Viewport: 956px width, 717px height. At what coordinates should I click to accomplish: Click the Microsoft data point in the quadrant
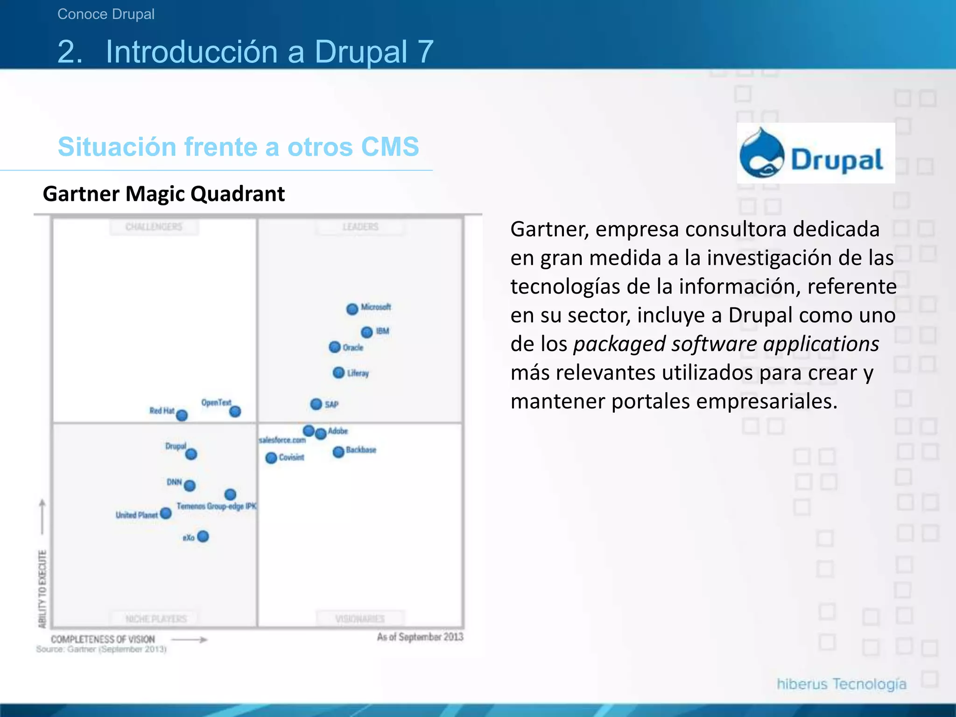[352, 309]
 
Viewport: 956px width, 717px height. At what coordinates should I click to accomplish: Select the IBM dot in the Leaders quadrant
[367, 332]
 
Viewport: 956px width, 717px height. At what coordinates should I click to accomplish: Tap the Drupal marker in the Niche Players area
[191, 454]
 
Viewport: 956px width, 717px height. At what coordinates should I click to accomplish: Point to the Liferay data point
[338, 373]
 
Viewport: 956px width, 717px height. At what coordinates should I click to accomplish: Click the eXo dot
[203, 536]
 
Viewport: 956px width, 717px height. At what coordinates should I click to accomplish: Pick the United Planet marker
[166, 513]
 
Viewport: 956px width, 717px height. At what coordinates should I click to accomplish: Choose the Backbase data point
[338, 452]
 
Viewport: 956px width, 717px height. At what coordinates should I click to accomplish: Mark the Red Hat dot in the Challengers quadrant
[182, 415]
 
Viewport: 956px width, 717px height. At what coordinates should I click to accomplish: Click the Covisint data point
[271, 458]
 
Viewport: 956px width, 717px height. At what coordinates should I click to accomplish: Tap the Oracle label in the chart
[353, 348]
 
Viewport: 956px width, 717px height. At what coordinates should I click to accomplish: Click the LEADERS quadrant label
[360, 227]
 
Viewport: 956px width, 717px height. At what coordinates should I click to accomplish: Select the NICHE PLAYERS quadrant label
[155, 619]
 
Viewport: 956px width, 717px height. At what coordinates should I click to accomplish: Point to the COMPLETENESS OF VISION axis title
[103, 639]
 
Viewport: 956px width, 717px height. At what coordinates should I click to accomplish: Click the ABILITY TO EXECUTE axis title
[42, 589]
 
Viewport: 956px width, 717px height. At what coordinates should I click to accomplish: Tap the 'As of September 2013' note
[420, 637]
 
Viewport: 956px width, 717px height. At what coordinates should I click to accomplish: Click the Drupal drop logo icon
[762, 154]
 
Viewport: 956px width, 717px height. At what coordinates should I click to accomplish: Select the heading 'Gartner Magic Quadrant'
[163, 194]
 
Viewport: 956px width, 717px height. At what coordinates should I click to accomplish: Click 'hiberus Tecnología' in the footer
[841, 684]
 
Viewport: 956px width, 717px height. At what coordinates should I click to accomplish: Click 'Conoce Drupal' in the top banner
[106, 14]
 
